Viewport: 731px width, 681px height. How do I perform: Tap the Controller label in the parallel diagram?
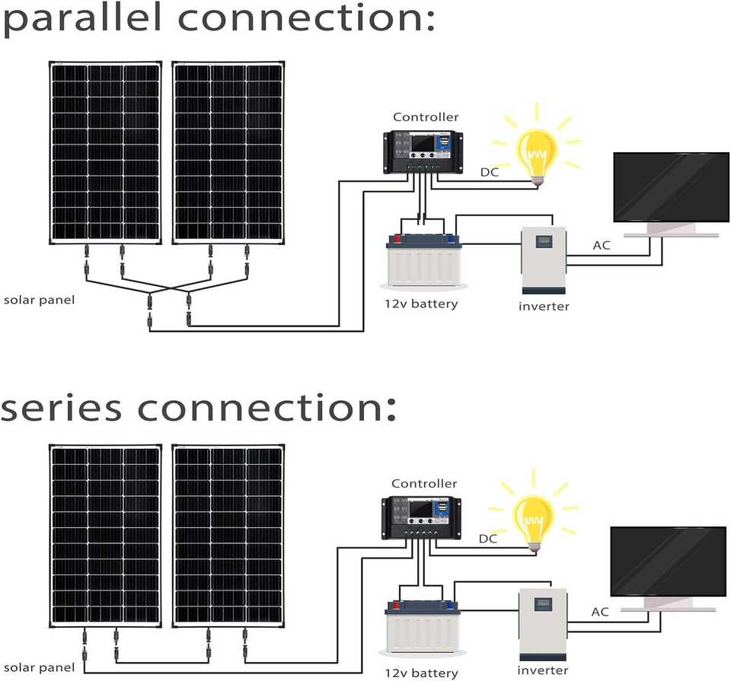[x=426, y=117]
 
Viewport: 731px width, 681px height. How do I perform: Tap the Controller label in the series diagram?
[x=424, y=484]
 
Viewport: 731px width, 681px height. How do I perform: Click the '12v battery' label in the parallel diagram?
[x=421, y=304]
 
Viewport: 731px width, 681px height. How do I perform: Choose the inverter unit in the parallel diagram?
[x=544, y=260]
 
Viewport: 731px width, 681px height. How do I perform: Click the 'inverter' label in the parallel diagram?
[x=544, y=307]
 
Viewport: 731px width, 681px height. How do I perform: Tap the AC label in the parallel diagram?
[x=602, y=246]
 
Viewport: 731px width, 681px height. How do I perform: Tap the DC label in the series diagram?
[x=488, y=539]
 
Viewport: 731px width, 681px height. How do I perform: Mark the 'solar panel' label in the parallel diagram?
[x=40, y=300]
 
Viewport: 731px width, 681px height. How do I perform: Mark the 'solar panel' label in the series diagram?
[x=38, y=668]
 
